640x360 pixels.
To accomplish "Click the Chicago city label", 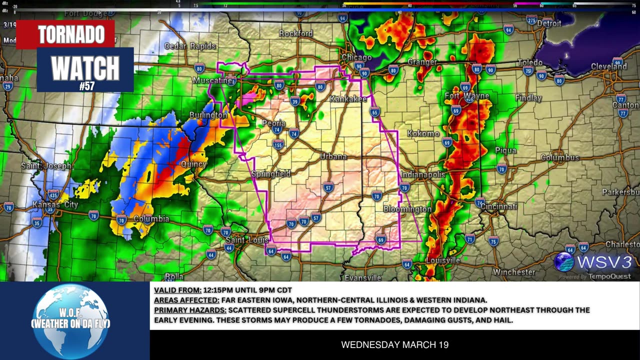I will (x=356, y=57).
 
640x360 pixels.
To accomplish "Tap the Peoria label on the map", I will (x=273, y=123).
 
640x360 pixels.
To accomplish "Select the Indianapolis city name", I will (x=422, y=174).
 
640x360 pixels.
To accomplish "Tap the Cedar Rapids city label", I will (x=190, y=46).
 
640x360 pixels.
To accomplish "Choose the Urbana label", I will (x=333, y=156).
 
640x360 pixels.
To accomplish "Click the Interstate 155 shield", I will (x=278, y=145).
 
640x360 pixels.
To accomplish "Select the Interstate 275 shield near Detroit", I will (x=531, y=20).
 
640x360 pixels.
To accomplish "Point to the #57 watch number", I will (x=86, y=86).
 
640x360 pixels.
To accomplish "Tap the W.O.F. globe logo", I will (x=70, y=320).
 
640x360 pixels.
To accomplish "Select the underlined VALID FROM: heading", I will (x=177, y=290).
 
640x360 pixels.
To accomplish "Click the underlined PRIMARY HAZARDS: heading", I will (x=190, y=310).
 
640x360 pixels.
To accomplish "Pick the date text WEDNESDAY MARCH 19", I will (x=394, y=345).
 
